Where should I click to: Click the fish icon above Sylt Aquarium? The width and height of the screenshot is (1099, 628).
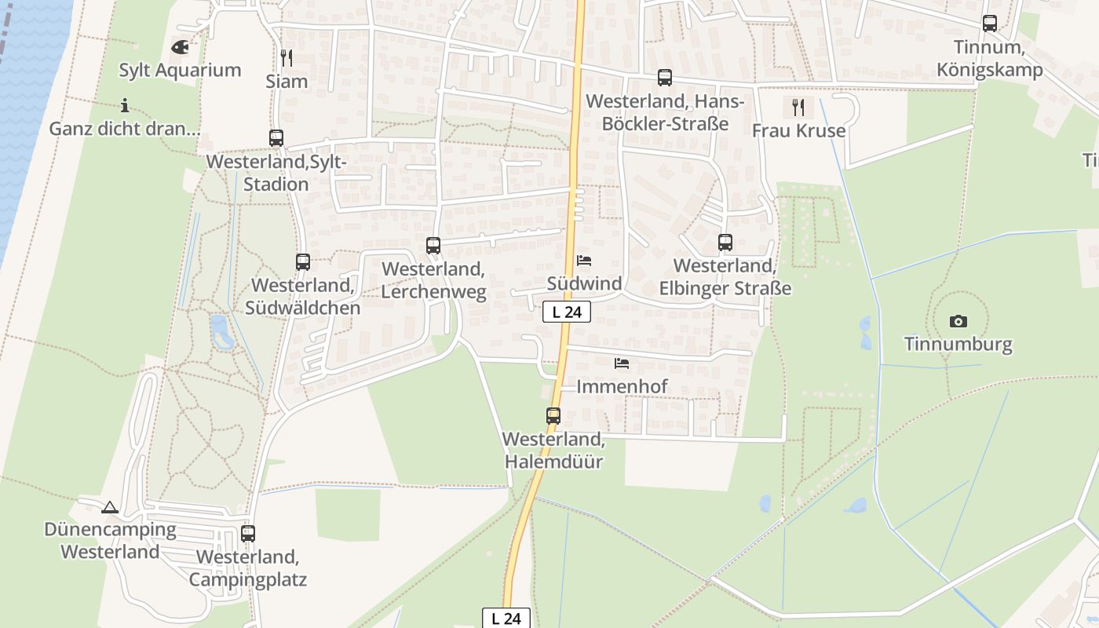pos(180,47)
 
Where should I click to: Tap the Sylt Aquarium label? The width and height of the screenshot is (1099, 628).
pos(180,70)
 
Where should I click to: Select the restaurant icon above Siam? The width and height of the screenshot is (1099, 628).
pos(287,57)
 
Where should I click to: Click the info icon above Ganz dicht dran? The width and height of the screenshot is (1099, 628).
pos(124,105)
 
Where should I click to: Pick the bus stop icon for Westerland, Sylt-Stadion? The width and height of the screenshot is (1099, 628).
pos(276,138)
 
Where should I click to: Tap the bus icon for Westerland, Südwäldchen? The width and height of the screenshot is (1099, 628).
pos(303,262)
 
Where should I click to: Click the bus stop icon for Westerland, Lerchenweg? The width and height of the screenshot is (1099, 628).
pos(433,245)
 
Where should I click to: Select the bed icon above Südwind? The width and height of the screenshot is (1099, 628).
pos(584,261)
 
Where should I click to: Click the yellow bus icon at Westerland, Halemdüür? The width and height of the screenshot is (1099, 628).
pos(553,416)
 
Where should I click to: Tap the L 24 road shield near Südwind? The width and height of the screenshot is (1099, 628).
pos(567,312)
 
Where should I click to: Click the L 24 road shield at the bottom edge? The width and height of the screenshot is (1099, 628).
pos(506,618)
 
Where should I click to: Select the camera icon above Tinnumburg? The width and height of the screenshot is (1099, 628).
pos(958,321)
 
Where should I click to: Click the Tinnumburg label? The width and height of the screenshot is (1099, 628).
pos(958,344)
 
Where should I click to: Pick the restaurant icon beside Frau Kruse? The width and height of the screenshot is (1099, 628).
pos(798,107)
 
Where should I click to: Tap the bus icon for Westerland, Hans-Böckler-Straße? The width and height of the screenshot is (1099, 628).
pos(665,78)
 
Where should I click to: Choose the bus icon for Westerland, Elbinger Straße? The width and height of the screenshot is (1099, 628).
pos(725,243)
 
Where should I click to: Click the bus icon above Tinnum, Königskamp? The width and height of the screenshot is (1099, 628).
pos(990,24)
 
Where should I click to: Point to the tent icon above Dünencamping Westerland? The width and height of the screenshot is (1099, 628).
pos(110,507)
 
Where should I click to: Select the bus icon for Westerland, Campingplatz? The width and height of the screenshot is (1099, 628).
pos(248,534)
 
